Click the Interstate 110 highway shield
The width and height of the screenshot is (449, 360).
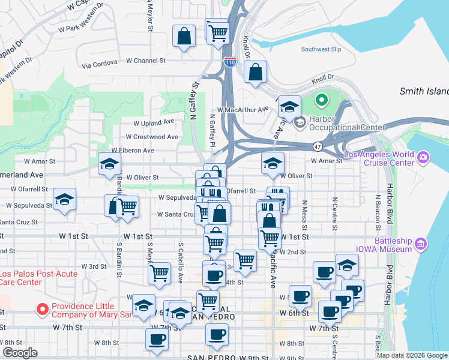(229, 61)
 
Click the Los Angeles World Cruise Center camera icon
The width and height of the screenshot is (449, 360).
(424, 158)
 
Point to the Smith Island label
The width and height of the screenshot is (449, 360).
(424, 91)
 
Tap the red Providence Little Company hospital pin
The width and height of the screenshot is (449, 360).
(43, 310)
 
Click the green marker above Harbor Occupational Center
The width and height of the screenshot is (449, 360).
(322, 101)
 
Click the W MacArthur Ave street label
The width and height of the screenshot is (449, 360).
(243, 110)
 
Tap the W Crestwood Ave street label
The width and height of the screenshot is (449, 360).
(155, 137)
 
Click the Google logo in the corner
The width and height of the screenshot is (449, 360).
(19, 353)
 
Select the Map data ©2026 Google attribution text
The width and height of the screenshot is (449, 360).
(411, 355)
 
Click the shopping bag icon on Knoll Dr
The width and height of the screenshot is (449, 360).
(256, 72)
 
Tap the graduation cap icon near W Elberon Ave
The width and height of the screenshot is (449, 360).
(109, 163)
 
